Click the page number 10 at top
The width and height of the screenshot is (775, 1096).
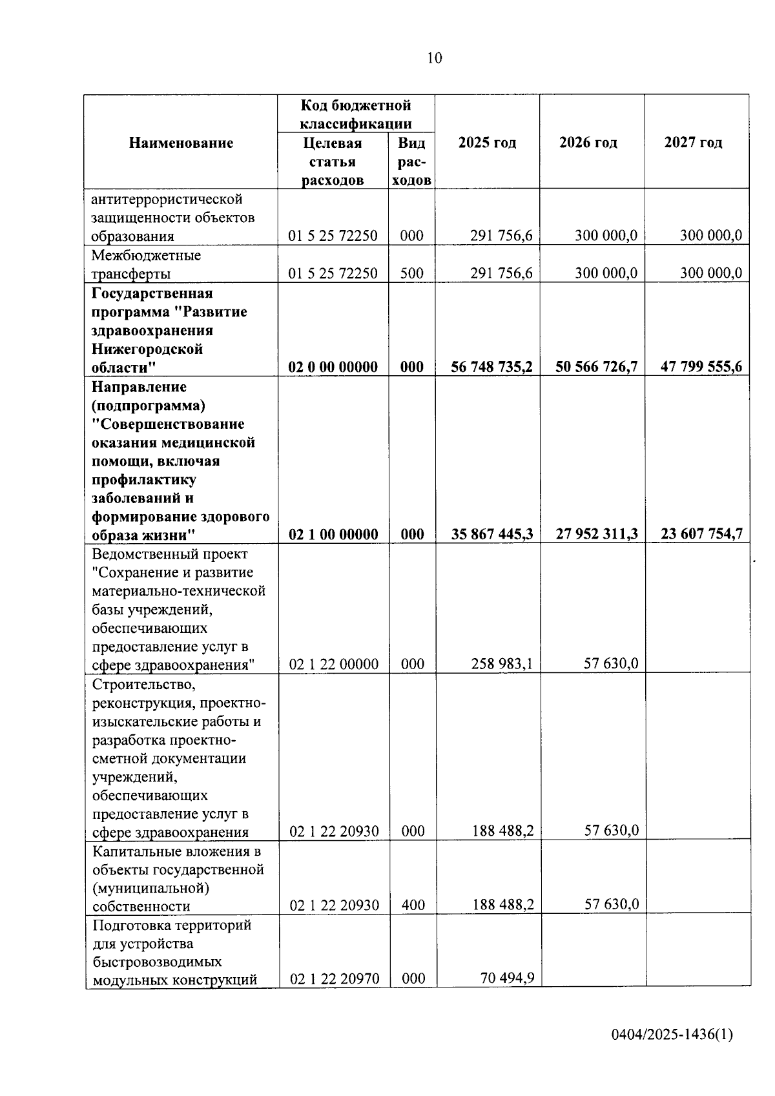point(435,58)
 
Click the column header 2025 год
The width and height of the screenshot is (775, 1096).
point(487,143)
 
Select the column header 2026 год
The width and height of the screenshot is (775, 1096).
point(588,143)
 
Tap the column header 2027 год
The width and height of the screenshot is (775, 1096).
point(693,143)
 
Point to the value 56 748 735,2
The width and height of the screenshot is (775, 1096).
point(491,367)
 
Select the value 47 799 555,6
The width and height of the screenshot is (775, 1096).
point(701,367)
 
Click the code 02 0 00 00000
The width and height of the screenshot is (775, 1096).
point(333,367)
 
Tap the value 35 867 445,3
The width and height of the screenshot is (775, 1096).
point(491,534)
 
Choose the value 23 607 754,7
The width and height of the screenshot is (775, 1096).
point(701,534)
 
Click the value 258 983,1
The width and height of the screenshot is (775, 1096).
point(502,663)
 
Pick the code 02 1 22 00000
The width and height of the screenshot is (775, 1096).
point(333,664)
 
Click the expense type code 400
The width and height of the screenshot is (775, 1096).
point(413,905)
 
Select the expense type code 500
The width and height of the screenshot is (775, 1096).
point(411,273)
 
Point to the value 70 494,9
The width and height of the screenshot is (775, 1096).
point(507,978)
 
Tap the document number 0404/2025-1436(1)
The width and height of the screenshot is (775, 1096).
point(672,1035)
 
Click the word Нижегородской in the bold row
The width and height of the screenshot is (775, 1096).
point(147,349)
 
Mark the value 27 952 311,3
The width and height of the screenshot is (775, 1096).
point(597,534)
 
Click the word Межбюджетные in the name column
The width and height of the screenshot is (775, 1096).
point(146,255)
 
